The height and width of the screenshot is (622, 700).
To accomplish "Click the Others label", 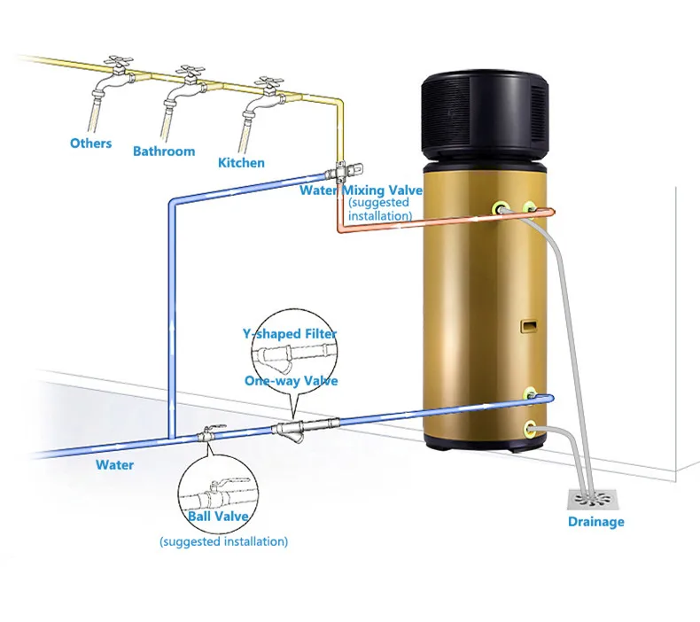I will tap(90, 143).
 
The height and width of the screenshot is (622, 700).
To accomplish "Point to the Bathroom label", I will tap(164, 151).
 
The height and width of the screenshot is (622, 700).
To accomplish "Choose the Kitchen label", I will tap(241, 162).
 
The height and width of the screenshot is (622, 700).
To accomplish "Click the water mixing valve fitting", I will tap(339, 170).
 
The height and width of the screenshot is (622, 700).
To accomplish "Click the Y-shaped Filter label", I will tap(290, 333).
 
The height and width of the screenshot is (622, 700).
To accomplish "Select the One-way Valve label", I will tap(290, 380).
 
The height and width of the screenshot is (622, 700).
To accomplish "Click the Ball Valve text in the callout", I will tap(218, 516).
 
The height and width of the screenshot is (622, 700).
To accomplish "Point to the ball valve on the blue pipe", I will tap(210, 434).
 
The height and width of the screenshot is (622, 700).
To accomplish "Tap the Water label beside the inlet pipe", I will tap(115, 464).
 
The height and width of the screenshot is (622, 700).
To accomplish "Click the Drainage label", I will tap(595, 521).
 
